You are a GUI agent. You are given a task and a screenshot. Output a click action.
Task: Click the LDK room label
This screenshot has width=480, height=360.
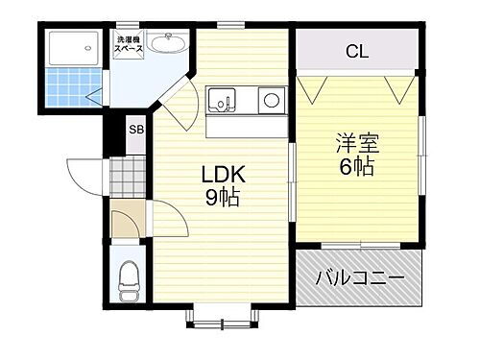pyautogui.click(x=223, y=176)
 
